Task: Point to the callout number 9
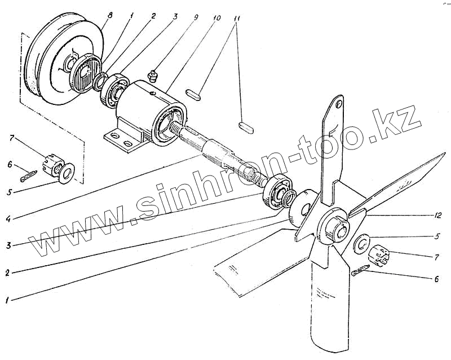196,16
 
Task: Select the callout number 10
217,16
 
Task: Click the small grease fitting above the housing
151,74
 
